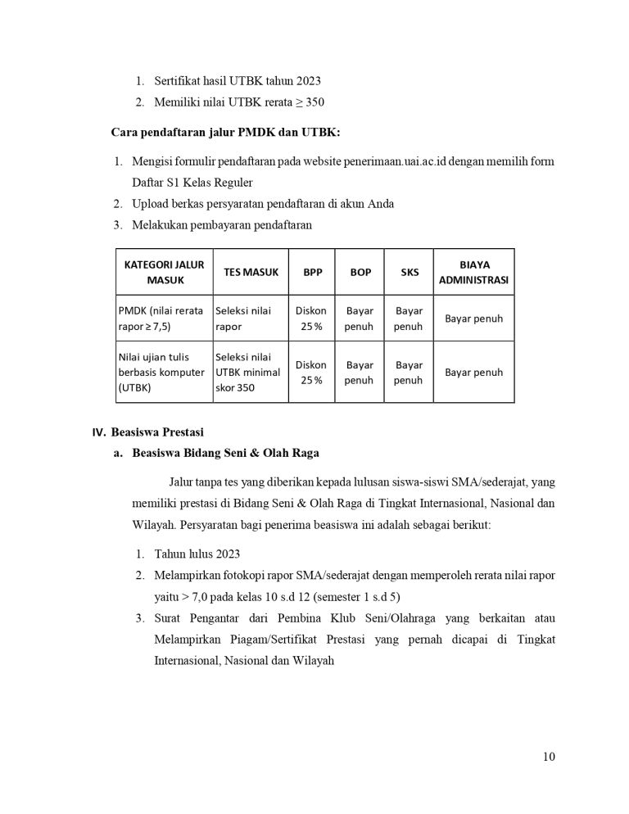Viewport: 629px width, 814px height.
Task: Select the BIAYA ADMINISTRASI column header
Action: [473, 272]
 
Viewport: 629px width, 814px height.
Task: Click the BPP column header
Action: [312, 272]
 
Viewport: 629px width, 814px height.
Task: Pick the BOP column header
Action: [360, 272]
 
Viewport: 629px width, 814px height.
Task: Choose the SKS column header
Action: [409, 272]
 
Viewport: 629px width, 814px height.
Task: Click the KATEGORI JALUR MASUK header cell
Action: [165, 272]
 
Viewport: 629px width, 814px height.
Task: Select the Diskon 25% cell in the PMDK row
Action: [311, 319]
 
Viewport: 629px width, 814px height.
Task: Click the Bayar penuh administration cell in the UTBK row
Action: [473, 372]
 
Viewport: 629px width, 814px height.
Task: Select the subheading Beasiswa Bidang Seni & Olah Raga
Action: [225, 452]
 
